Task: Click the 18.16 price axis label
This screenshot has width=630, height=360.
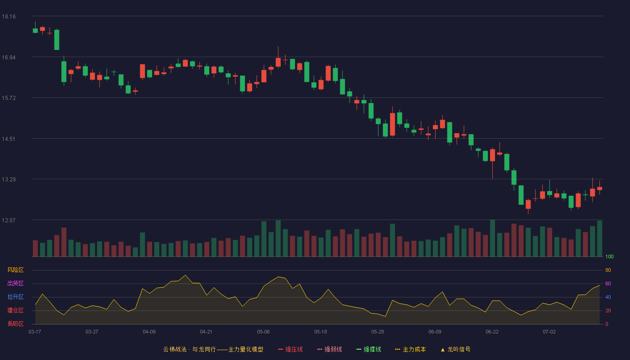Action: tap(9, 17)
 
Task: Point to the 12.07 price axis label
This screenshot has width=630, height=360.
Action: tap(9, 220)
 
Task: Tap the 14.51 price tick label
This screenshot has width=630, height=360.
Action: tap(9, 139)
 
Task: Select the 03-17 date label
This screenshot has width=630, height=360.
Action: tap(35, 332)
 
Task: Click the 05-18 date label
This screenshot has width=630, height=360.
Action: tap(320, 332)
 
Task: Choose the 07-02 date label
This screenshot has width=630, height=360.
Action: tap(549, 332)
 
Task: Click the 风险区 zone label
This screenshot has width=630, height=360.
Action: tap(15, 270)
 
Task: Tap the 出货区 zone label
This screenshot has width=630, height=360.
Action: tap(15, 283)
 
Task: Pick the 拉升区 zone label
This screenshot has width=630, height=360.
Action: tap(15, 297)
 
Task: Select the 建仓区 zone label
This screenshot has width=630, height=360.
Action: tap(15, 310)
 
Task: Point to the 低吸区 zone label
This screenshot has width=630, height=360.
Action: tap(15, 324)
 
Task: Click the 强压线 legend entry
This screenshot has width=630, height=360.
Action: tap(291, 349)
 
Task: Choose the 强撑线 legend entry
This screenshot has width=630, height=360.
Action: tap(369, 349)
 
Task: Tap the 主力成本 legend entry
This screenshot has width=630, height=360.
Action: tap(410, 349)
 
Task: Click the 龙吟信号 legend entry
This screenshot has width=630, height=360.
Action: tap(455, 349)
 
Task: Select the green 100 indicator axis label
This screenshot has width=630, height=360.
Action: tap(609, 256)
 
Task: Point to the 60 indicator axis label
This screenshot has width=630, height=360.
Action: tap(608, 283)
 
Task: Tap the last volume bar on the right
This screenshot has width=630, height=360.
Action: tap(599, 238)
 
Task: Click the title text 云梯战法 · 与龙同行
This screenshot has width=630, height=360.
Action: tap(189, 349)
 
